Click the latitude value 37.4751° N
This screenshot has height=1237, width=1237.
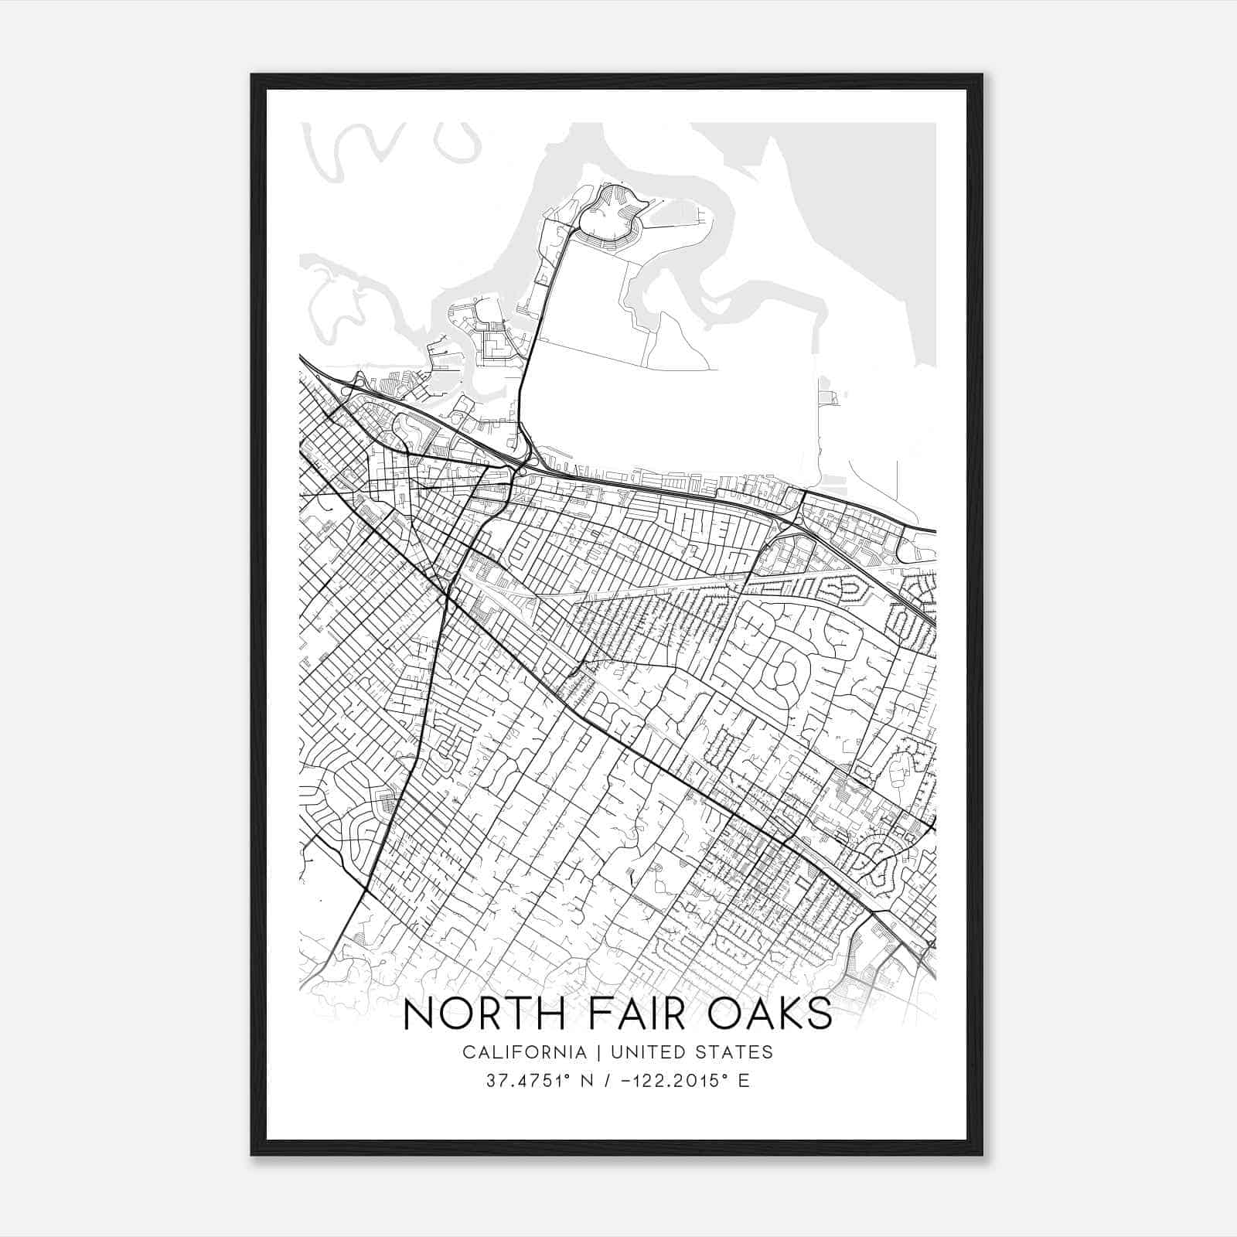tap(538, 1081)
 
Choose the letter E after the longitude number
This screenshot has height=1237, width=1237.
tap(744, 1081)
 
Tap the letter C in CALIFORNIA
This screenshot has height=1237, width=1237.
tap(469, 1052)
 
